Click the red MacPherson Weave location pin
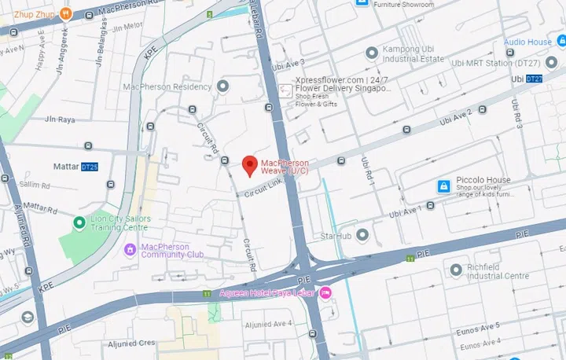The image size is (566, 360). point(249,165)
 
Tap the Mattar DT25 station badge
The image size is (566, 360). point(90,167)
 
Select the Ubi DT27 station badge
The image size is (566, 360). point(534,79)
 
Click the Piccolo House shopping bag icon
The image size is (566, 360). point(443,186)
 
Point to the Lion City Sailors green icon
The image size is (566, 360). point(79,223)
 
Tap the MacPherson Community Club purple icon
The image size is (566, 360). point(130,250)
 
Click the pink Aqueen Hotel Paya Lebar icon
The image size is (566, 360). point(325,293)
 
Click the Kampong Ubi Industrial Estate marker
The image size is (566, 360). point(372,53)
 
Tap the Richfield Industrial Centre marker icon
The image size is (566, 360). point(455,270)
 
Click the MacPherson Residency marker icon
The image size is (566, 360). point(223,86)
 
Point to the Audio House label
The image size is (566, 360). point(527,42)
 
